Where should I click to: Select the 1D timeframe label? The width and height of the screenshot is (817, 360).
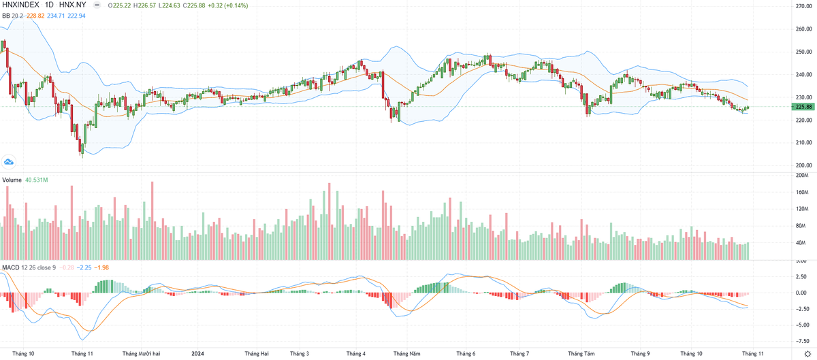tap(50, 5)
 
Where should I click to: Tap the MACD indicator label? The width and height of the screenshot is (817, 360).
tap(11, 266)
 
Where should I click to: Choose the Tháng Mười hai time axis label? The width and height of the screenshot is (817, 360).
tap(141, 354)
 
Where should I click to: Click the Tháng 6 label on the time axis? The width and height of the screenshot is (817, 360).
tap(466, 354)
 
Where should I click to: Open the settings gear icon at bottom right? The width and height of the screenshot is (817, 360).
tap(807, 354)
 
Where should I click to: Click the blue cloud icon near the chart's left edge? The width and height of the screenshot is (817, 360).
tap(10, 161)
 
